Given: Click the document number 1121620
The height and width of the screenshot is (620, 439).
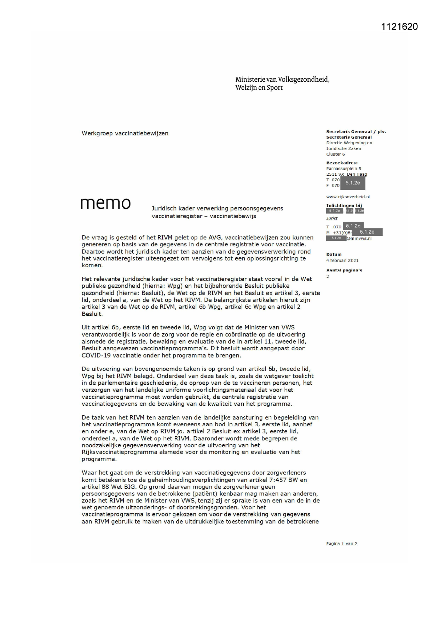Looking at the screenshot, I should (x=399, y=27).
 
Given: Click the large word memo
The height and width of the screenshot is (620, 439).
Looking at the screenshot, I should (x=105, y=203).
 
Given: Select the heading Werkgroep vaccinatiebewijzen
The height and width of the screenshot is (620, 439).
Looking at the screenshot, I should (x=125, y=133).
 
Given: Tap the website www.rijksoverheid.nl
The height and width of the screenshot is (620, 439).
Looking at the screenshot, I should (x=348, y=197).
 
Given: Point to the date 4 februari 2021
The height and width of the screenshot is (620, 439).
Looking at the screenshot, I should (x=342, y=261).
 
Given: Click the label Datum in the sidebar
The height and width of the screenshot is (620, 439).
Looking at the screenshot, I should (x=334, y=254).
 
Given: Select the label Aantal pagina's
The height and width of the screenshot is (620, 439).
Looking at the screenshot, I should (x=344, y=270).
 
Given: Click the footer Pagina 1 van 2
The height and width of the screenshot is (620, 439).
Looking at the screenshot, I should (x=341, y=544).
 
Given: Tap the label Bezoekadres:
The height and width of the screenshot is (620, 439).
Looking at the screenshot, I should (x=342, y=163).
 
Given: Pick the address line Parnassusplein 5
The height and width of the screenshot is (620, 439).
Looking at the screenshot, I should (x=343, y=169).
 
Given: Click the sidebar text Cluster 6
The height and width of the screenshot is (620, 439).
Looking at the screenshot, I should (x=335, y=154).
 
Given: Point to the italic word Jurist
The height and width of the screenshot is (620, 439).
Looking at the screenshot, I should (x=332, y=218).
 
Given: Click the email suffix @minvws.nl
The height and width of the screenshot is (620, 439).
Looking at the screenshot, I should (x=359, y=238).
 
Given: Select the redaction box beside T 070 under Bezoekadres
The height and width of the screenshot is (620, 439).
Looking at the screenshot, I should (x=352, y=183).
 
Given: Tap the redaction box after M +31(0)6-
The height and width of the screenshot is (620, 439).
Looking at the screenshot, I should (x=367, y=232).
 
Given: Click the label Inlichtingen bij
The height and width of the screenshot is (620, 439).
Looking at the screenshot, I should (x=344, y=205).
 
